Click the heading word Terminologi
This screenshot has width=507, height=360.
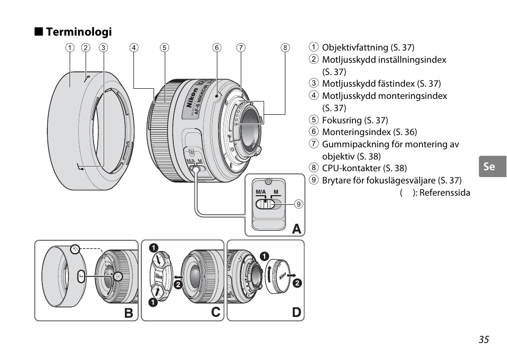(79, 32)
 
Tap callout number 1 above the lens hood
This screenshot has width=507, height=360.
(70, 47)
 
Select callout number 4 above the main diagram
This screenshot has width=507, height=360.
(134, 47)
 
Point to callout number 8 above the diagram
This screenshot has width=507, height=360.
(285, 47)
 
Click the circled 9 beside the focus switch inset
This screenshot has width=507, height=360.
(299, 204)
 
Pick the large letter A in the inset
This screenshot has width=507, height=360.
(297, 229)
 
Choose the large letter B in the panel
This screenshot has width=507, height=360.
(129, 313)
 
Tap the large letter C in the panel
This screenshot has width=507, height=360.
(215, 312)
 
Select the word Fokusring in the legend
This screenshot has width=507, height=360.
(342, 120)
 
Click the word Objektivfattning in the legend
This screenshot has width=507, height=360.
(355, 47)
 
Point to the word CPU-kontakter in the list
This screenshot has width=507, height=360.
(351, 168)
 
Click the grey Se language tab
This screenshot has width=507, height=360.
(493, 166)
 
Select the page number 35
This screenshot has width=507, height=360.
(484, 339)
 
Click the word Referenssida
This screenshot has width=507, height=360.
(445, 192)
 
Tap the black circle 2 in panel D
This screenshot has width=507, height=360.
(297, 283)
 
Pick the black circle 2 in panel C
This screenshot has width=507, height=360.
(178, 284)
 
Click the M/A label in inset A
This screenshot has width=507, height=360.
(260, 192)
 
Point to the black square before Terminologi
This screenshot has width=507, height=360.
(39, 31)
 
